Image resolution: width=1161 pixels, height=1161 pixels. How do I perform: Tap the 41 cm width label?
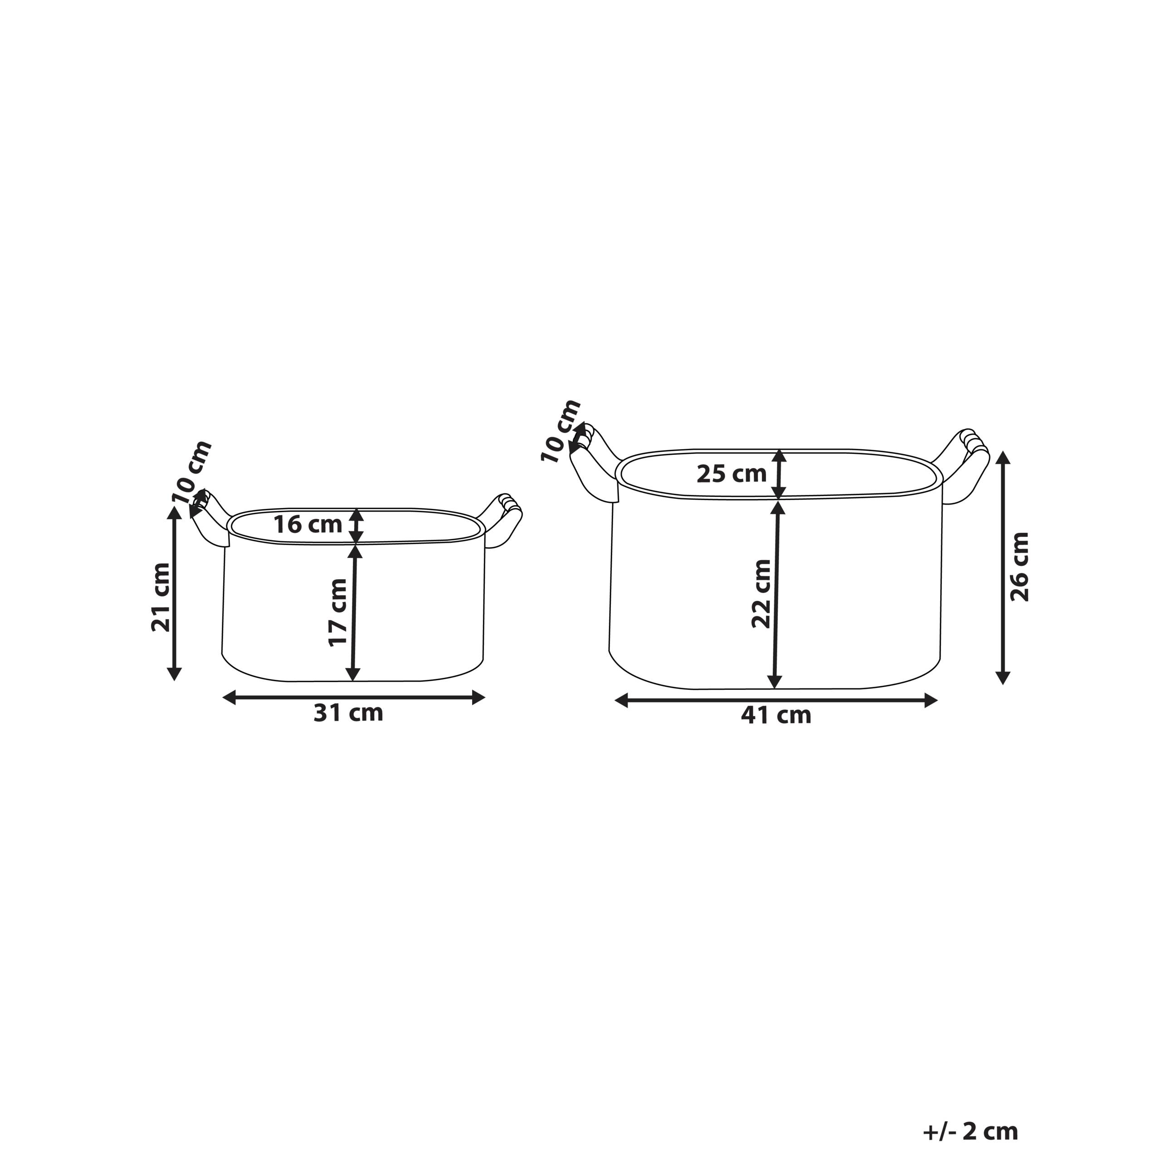(x=776, y=715)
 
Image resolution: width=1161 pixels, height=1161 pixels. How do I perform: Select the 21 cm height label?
(x=161, y=597)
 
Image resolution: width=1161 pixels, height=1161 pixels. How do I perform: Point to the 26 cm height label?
(x=1020, y=567)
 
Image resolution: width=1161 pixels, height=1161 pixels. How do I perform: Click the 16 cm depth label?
(x=307, y=525)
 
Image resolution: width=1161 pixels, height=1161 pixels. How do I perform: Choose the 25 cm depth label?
(x=732, y=474)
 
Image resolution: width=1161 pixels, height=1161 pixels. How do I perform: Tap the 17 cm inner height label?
(x=338, y=612)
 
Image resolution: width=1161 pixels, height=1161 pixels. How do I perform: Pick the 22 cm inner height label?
(x=761, y=594)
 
